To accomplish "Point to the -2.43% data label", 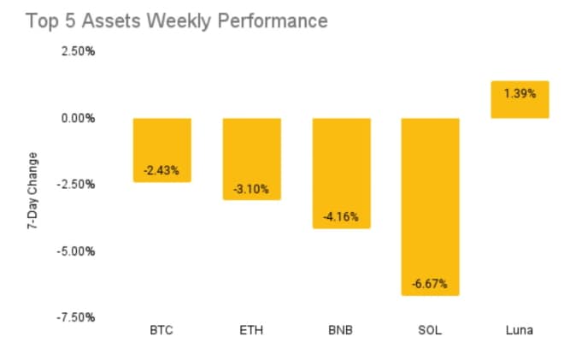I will pyautogui.click(x=162, y=170).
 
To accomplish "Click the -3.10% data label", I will pyautogui.click(x=251, y=188).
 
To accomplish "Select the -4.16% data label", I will pyautogui.click(x=341, y=216).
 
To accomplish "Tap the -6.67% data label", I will pyautogui.click(x=430, y=283).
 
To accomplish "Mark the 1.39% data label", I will pyautogui.click(x=519, y=92).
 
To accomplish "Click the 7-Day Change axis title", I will pyautogui.click(x=32, y=192).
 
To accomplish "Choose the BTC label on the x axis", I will pyautogui.click(x=162, y=330).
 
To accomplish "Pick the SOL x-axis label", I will pyautogui.click(x=430, y=330).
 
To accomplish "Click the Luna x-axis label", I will pyautogui.click(x=519, y=330).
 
